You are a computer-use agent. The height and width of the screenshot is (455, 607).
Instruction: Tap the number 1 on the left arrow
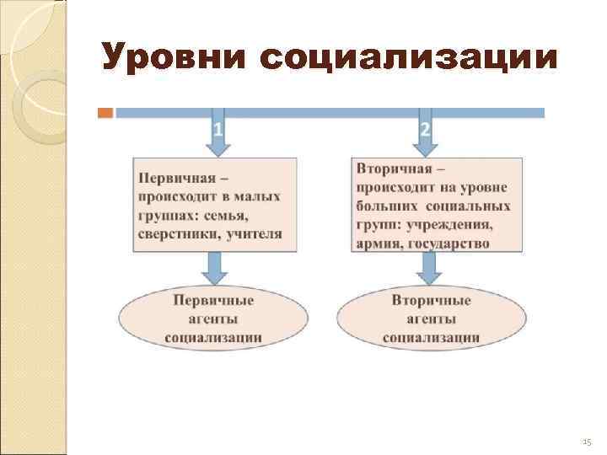(x=218, y=130)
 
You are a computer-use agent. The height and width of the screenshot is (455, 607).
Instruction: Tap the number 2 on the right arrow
(x=425, y=130)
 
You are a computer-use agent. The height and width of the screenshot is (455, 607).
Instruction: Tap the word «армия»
(x=377, y=244)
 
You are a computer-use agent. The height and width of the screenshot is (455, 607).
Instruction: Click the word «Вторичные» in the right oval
(x=431, y=300)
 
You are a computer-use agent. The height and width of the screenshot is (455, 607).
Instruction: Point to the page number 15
(x=588, y=441)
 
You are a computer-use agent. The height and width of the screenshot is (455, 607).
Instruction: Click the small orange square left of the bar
(x=105, y=112)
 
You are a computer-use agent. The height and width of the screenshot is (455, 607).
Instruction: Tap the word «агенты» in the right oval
(x=431, y=318)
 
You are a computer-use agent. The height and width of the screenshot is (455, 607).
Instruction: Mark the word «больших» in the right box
(x=384, y=206)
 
